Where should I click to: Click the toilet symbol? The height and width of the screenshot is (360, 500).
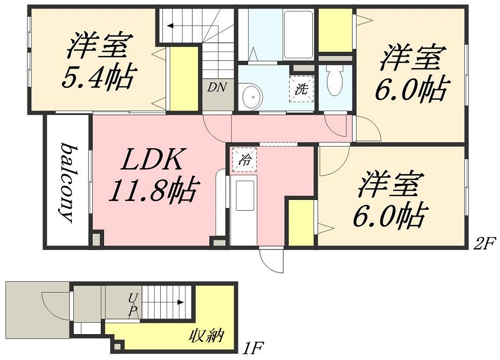point(334,81)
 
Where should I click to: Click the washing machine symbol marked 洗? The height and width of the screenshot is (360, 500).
point(301,89)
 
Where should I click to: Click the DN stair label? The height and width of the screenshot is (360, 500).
point(217,87)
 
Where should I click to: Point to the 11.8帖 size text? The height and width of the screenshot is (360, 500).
point(154,190)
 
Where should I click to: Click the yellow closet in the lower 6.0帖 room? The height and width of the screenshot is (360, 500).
point(300,223)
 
